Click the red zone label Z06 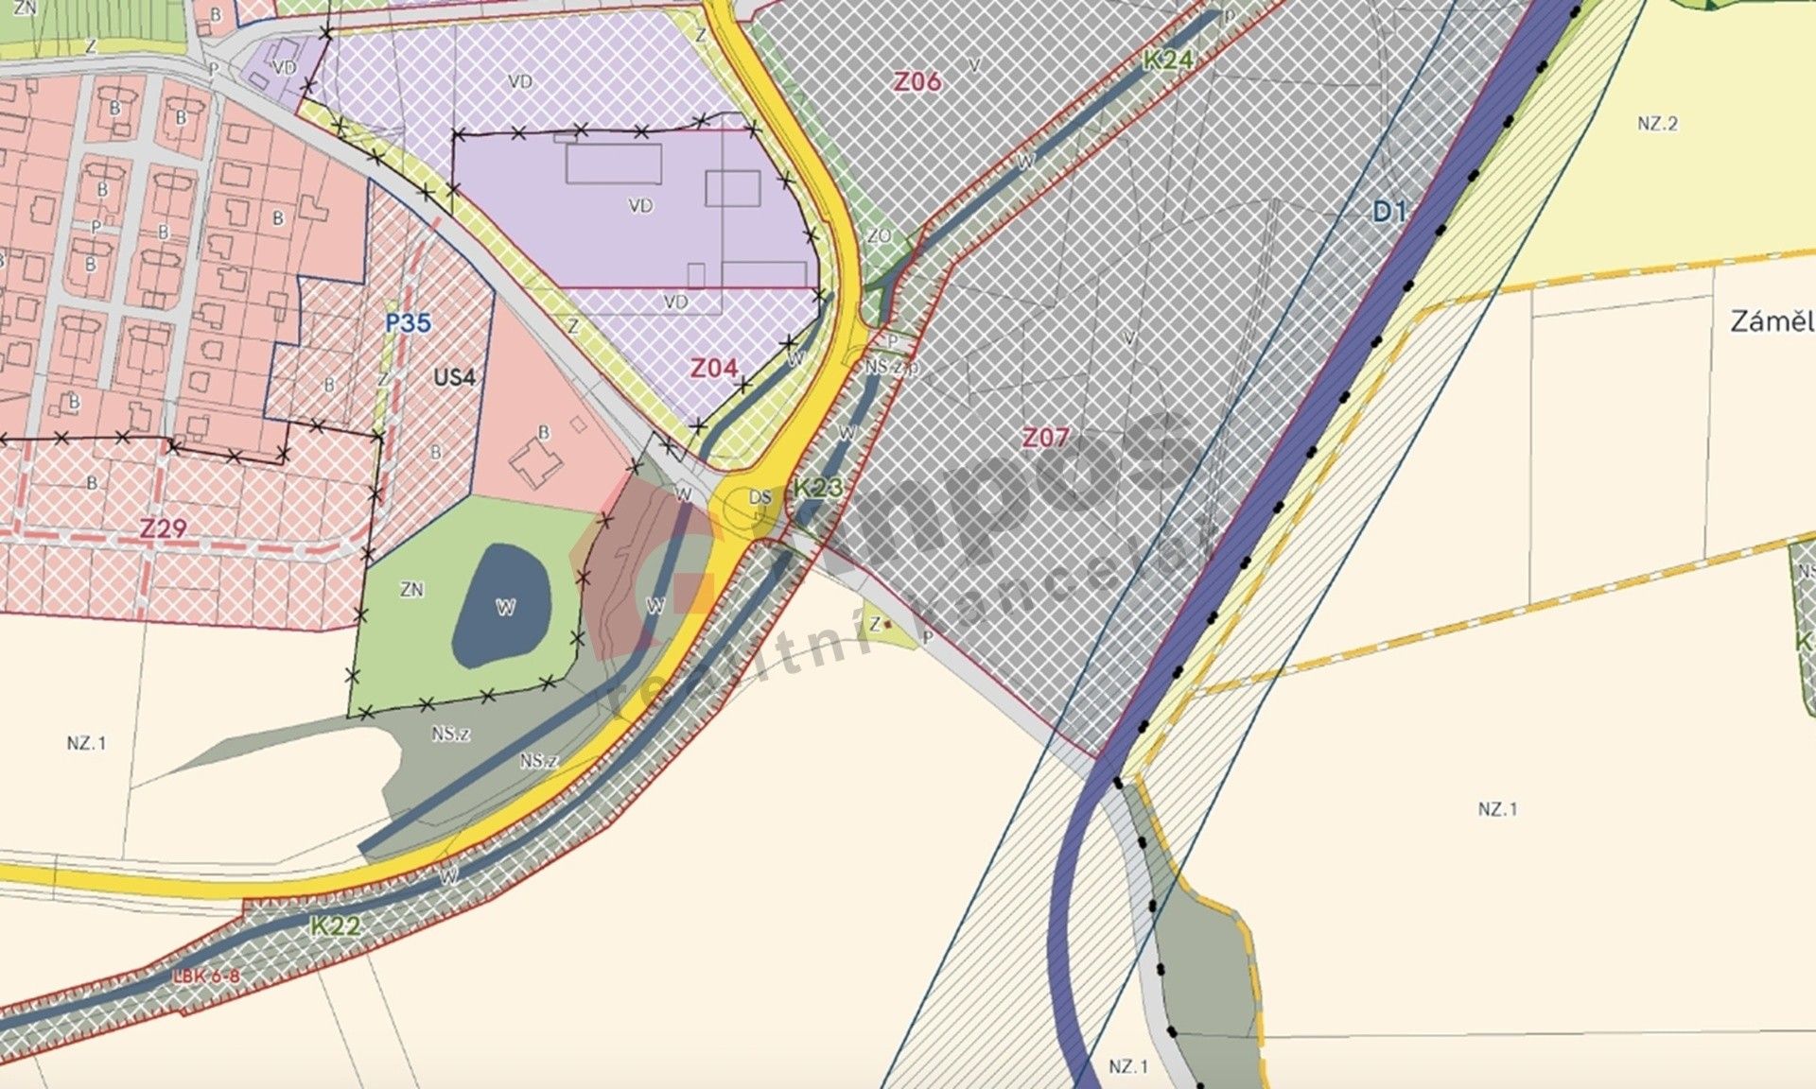point(917,81)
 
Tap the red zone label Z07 point(1045,437)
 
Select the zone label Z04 point(713,368)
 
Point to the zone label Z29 point(163,527)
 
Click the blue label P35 point(408,323)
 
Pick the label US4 point(454,377)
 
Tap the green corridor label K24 point(1168,60)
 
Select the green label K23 point(817,488)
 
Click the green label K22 point(335,925)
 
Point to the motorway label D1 point(1389,212)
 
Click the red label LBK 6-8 point(206,976)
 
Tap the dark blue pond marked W point(503,605)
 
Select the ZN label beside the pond point(411,589)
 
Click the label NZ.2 point(1657,124)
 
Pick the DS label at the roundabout point(760,497)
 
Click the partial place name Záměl point(1772,321)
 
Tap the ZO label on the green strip point(879,235)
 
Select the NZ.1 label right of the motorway point(1497,808)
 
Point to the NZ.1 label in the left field point(86,743)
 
